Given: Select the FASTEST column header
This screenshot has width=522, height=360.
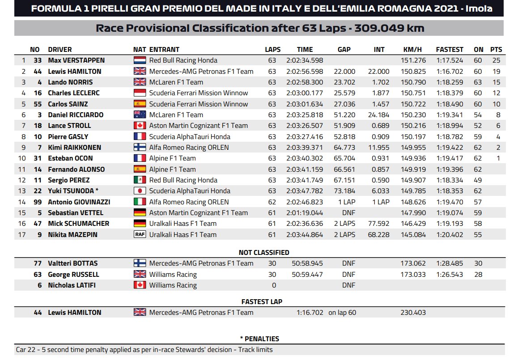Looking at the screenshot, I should pyautogui.click(x=450, y=50).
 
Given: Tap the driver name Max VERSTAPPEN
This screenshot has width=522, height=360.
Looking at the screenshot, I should pyautogui.click(x=76, y=60).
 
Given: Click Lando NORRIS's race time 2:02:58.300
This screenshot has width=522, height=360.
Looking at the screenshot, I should pyautogui.click(x=304, y=82).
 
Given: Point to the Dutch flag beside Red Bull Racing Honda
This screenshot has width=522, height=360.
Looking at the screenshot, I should pyautogui.click(x=140, y=60).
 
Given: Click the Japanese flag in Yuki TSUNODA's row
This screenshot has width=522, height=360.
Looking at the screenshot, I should pyautogui.click(x=140, y=191).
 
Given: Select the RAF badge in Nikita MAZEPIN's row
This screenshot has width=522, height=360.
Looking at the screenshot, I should pyautogui.click(x=140, y=235).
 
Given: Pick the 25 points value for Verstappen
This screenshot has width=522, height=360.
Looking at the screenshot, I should pyautogui.click(x=496, y=60).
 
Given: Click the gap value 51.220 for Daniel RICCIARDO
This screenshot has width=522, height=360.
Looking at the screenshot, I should pyautogui.click(x=344, y=115).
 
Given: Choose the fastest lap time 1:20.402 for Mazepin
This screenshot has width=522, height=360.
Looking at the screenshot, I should pyautogui.click(x=450, y=235).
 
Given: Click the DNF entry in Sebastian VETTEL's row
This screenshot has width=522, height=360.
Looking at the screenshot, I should pyautogui.click(x=348, y=213).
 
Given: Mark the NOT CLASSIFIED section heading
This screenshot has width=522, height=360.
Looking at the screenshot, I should pyautogui.click(x=264, y=253).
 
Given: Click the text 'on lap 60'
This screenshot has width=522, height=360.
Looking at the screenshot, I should pyautogui.click(x=342, y=313).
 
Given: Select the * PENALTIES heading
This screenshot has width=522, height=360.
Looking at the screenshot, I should pyautogui.click(x=259, y=339).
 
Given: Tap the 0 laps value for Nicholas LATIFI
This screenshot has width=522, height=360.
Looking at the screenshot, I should pyautogui.click(x=274, y=285).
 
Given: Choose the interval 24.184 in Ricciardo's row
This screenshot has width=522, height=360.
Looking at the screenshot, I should pyautogui.click(x=379, y=115).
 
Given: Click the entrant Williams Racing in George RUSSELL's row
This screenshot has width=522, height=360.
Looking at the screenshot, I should pyautogui.click(x=173, y=275).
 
